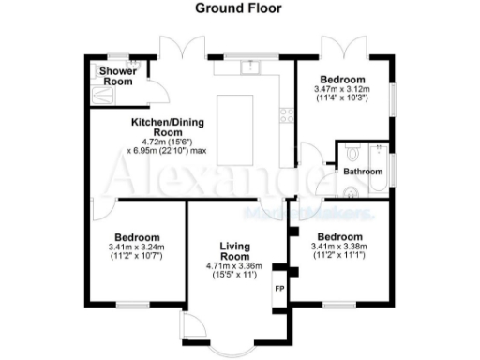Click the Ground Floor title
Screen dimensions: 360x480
click(x=237, y=8)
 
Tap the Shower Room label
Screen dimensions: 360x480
click(x=118, y=76)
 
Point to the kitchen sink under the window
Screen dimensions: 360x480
click(x=248, y=67)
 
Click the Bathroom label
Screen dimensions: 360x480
click(x=362, y=172)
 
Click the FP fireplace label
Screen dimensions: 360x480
click(x=278, y=289)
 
